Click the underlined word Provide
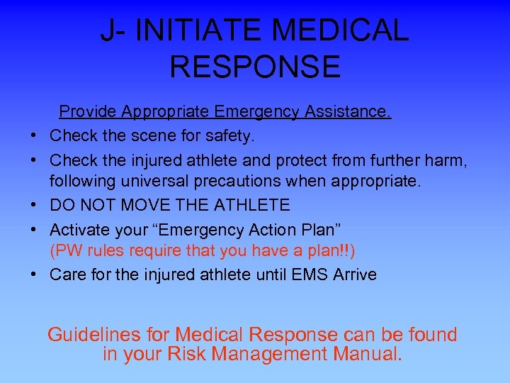[x=87, y=112]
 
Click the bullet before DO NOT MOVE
[x=34, y=206]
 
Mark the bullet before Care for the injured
[x=34, y=274]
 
